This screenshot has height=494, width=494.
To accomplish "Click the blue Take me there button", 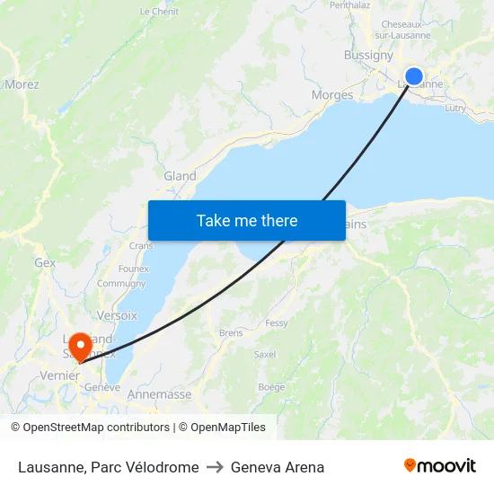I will tap(247, 220).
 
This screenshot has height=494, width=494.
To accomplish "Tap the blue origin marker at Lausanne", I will tap(414, 76).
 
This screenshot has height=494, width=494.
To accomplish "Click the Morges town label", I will tap(331, 95).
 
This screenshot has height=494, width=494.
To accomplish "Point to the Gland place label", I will tap(180, 176).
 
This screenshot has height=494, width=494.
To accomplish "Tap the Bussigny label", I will tap(368, 55).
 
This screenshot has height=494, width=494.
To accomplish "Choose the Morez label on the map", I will tap(22, 84).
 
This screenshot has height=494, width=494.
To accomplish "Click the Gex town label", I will tap(45, 263).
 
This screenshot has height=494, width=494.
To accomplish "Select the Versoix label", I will tap(117, 315).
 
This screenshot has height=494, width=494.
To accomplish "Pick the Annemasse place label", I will tap(160, 394).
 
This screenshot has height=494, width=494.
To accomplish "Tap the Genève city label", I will tap(101, 387).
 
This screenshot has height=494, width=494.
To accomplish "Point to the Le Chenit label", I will tap(159, 12).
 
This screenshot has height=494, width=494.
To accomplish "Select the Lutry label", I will tap(455, 107).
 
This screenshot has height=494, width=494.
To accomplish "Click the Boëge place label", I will tap(271, 387).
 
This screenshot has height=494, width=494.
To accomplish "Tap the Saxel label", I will tap(265, 355).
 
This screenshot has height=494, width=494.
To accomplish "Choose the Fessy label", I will tap(277, 323).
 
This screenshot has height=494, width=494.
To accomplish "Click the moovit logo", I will tap(440, 466).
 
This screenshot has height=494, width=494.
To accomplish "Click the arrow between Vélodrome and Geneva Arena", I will tap(215, 467).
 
